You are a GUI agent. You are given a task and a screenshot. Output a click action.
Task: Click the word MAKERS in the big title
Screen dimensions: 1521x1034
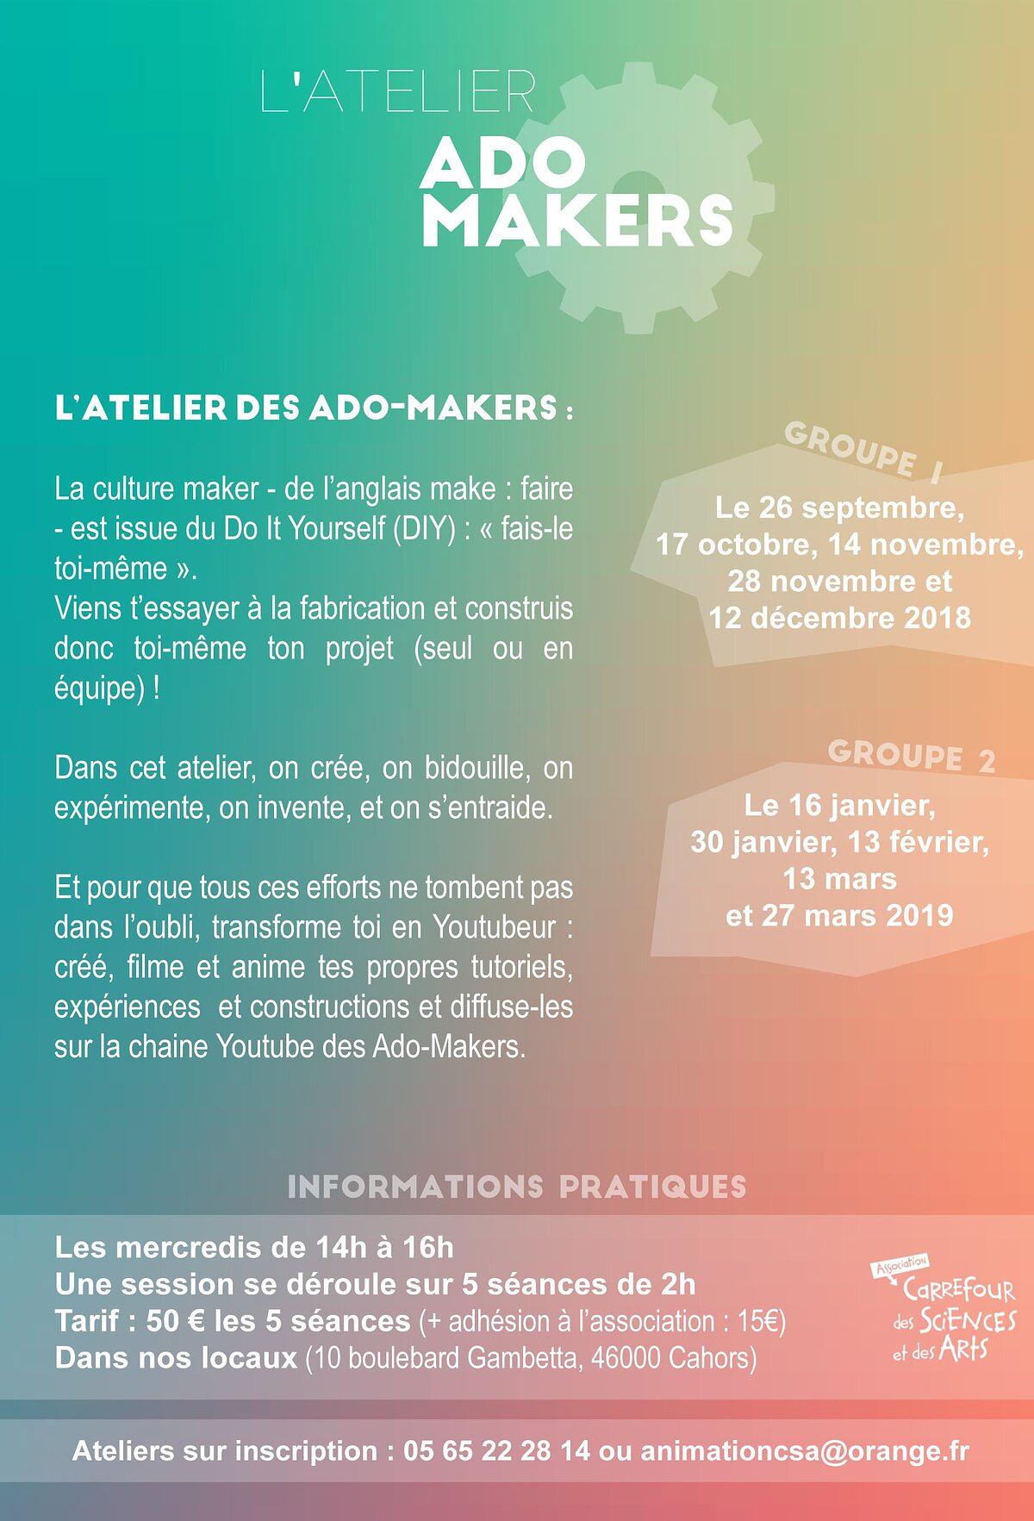click(577, 222)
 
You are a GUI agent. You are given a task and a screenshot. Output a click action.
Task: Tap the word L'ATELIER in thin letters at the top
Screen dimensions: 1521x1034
click(398, 92)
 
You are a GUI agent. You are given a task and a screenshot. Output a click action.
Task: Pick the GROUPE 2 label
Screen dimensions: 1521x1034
click(911, 756)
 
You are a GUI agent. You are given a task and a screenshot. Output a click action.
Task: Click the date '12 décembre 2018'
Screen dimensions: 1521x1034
click(840, 618)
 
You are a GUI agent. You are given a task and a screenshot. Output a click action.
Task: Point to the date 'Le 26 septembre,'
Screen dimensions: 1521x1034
click(839, 508)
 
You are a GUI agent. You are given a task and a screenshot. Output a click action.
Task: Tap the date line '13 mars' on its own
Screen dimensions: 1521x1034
click(839, 879)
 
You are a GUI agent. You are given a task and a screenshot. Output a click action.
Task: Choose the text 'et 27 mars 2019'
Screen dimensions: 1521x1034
click(839, 915)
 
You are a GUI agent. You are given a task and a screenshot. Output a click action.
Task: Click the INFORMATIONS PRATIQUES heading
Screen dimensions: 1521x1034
click(516, 1187)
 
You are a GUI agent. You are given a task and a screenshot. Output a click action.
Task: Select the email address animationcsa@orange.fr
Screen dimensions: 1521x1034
click(805, 1450)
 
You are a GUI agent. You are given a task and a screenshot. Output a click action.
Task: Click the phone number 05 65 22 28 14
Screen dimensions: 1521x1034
click(497, 1450)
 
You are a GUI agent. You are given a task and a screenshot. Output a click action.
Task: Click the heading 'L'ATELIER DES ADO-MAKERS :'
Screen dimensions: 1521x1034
click(314, 408)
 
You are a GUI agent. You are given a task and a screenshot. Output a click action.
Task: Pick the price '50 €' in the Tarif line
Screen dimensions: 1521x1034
click(175, 1321)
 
